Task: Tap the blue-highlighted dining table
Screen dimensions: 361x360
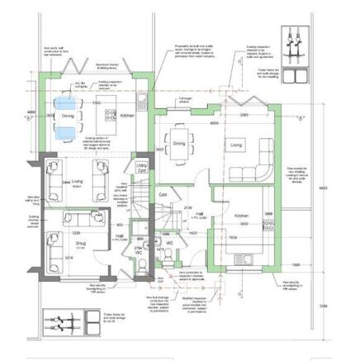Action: [64, 116]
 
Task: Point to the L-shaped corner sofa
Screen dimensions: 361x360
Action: [255, 164]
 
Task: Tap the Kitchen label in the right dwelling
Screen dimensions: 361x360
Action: [240, 215]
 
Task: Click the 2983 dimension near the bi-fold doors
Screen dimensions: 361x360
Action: [244, 116]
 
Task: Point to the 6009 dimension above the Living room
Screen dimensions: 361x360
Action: [214, 122]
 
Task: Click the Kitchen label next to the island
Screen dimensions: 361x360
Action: [126, 116]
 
